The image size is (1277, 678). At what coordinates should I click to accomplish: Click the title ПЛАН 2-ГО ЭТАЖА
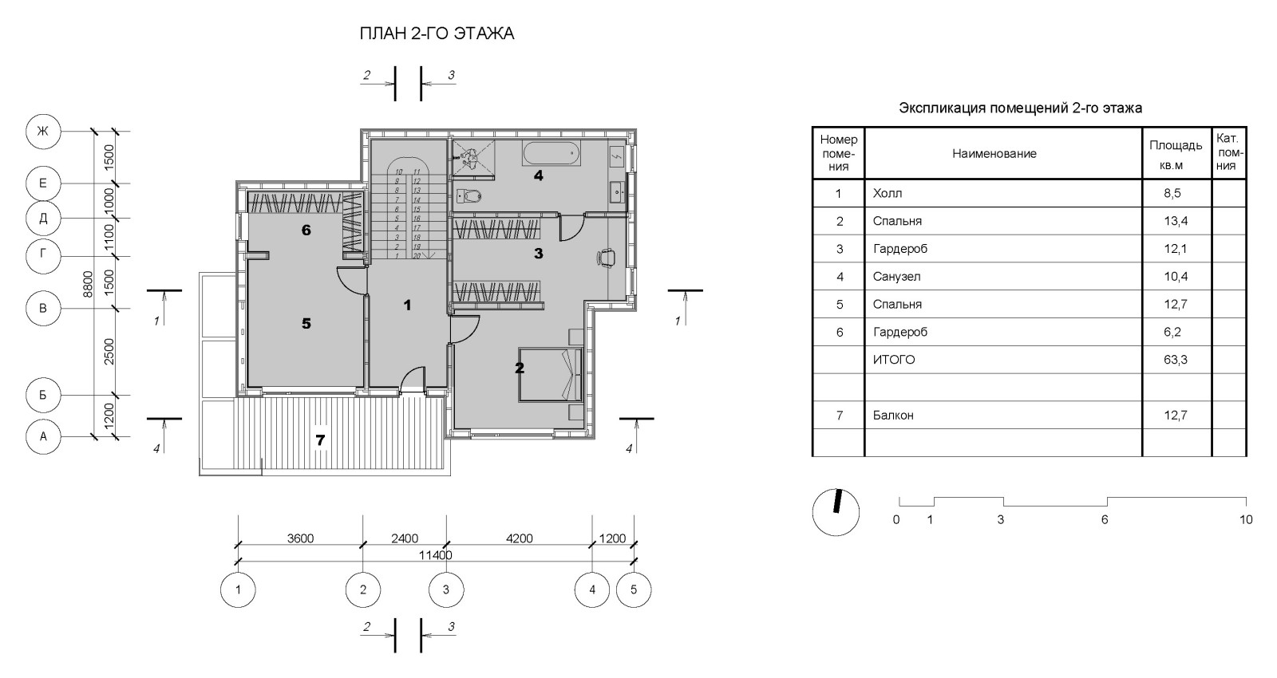[x=437, y=34]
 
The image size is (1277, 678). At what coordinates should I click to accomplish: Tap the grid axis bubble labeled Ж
[x=43, y=132]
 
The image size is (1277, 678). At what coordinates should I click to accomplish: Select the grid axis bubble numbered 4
[x=592, y=589]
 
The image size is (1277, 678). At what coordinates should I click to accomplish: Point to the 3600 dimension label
[x=300, y=538]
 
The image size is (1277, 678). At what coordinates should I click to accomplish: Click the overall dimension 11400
[x=436, y=555]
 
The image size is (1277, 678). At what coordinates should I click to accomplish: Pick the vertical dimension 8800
[x=88, y=284]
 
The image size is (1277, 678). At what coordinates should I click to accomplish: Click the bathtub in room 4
[x=552, y=153]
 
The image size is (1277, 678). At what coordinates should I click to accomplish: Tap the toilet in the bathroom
[x=469, y=196]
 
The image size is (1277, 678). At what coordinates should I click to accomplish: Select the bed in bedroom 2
[x=550, y=375]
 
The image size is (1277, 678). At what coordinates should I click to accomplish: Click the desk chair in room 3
[x=606, y=256]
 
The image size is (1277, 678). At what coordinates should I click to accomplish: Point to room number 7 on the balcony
[x=320, y=440]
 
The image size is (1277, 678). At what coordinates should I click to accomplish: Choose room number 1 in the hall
[x=407, y=305]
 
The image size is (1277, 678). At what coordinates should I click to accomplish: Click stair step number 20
[x=416, y=256]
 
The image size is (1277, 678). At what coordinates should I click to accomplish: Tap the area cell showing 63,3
[x=1176, y=360]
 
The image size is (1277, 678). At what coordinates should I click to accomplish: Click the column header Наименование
[x=994, y=153]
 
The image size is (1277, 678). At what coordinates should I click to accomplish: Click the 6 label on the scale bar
[x=1105, y=519]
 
